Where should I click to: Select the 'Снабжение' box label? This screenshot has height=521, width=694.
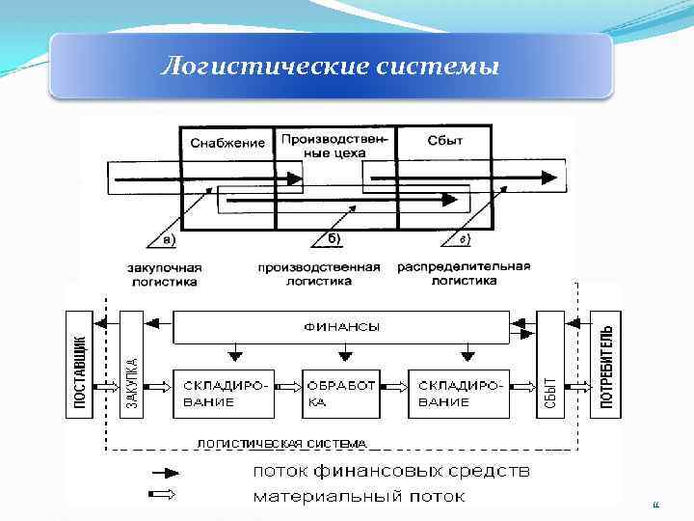[227, 143]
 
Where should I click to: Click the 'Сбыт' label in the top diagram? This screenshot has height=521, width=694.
[444, 141]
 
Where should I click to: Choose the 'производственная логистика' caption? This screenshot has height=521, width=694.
[319, 274]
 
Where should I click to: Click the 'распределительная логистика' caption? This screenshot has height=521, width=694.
[464, 273]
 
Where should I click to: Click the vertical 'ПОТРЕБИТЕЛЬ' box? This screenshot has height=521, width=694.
[605, 364]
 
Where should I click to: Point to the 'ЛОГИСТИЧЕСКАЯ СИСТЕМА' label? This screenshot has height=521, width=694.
[281, 444]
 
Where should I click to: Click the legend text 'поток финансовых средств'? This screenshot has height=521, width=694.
[390, 472]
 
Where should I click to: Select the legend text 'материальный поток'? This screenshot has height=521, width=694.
[359, 497]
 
